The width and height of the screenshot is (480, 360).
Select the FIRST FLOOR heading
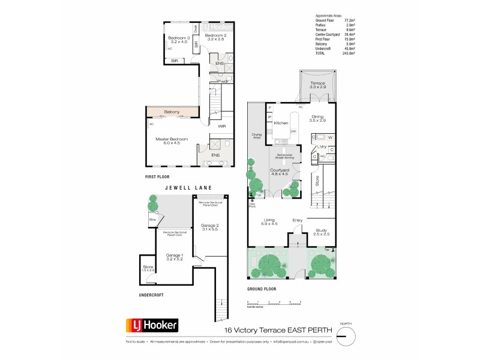[159, 177]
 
